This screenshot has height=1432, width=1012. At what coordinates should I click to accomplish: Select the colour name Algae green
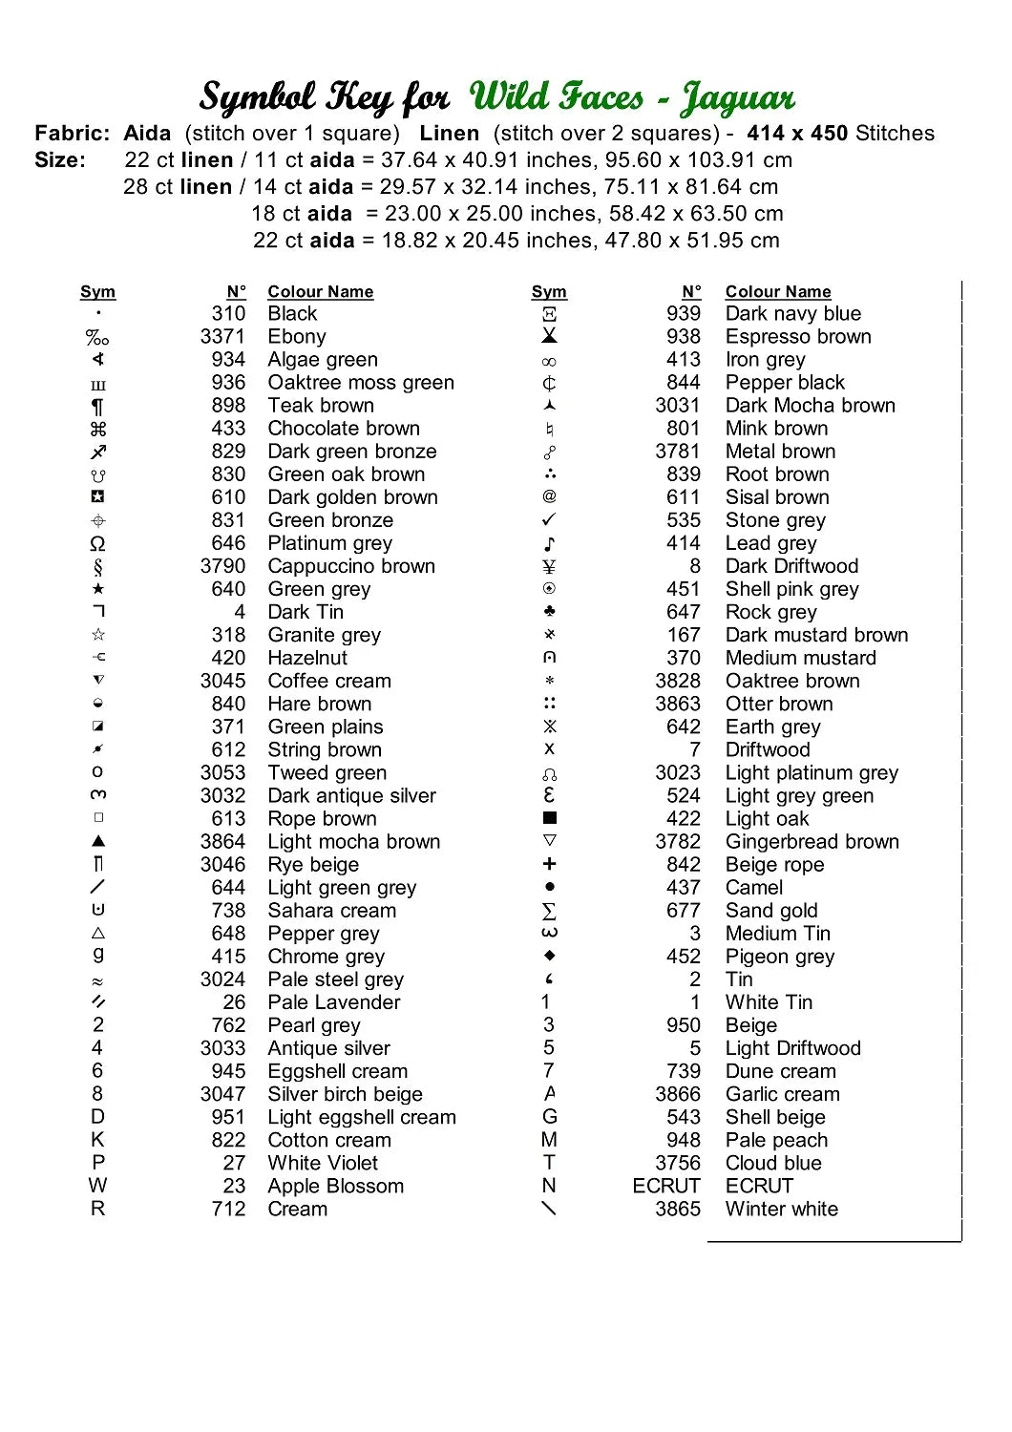coord(323,360)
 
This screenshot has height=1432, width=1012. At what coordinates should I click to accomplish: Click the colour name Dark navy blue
coord(792,314)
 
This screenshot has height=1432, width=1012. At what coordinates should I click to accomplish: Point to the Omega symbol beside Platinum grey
coord(97,544)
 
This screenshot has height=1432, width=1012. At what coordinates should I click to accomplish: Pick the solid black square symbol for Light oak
coord(549,818)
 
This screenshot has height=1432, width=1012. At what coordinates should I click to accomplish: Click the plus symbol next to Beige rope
coord(549,864)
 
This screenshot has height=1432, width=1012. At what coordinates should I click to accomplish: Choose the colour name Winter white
coord(781,1210)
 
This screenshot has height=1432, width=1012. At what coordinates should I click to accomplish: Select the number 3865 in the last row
coord(677,1210)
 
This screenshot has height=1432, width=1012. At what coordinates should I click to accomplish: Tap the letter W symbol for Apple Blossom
coord(97,1186)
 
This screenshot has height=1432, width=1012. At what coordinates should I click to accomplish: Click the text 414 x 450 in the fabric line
coord(797,134)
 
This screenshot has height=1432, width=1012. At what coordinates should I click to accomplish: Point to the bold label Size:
coord(60,160)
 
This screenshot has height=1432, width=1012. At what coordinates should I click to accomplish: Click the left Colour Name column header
coord(320,292)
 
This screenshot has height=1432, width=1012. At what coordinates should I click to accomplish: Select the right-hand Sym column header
coord(549,292)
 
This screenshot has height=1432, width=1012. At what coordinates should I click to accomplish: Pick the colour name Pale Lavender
coord(333,1002)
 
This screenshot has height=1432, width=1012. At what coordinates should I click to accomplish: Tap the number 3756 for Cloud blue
coord(677,1164)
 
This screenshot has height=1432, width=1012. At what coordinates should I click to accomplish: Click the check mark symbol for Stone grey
coord(549,520)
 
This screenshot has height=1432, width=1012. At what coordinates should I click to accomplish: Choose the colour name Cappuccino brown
coord(351,567)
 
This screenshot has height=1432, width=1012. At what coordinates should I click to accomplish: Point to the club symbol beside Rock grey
coord(549,612)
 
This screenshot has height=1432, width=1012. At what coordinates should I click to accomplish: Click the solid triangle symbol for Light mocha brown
coord(98,841)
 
